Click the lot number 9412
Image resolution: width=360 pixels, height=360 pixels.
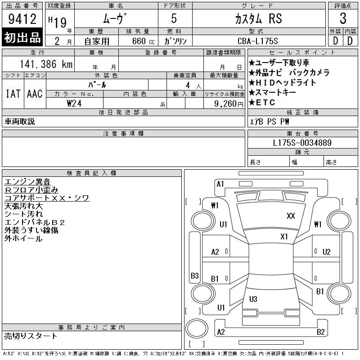click(22, 19)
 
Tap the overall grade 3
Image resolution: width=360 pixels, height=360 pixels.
click(343, 18)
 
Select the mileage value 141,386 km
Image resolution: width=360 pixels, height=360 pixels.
click(46, 64)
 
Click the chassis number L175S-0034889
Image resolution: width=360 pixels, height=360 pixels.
click(302, 143)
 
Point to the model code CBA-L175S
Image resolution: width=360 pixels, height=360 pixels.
click(257, 41)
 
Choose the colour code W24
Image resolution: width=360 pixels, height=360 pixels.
click(74, 103)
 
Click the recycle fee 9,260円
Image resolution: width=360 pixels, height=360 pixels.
click(229, 104)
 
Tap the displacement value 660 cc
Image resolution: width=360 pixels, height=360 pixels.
click(143, 41)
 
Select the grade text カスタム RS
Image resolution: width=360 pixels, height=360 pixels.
click(258, 18)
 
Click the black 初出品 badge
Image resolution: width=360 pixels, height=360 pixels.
click(22, 37)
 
